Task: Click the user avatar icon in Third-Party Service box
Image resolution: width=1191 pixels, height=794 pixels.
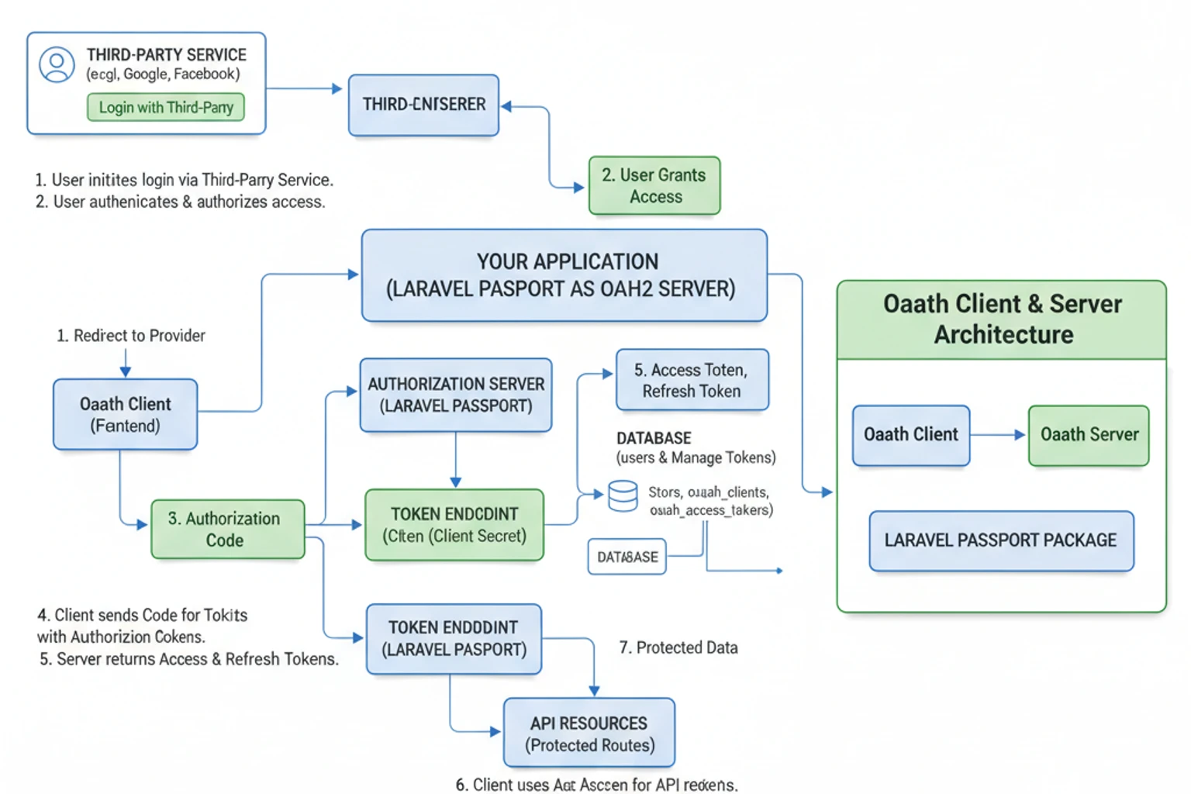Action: tap(57, 64)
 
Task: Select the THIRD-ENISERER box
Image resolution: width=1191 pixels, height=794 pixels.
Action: tap(423, 105)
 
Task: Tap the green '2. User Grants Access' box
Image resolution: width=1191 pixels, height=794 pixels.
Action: tap(654, 186)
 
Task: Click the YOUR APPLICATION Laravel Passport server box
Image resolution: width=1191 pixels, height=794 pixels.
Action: tap(564, 275)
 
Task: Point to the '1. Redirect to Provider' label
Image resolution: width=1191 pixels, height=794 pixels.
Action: tap(131, 336)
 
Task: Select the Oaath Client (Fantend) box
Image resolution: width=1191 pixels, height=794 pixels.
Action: tap(125, 415)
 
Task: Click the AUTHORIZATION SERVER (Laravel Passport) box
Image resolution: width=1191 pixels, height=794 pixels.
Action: tap(456, 395)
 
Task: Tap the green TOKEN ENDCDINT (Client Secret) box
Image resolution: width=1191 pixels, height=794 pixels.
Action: tap(454, 525)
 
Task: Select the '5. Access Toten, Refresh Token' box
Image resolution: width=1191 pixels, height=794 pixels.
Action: tap(692, 380)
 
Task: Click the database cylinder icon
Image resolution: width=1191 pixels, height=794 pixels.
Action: tap(623, 496)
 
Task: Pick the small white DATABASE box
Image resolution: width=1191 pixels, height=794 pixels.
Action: tap(627, 557)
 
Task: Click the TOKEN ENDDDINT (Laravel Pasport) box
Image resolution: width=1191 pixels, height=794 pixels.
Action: tap(454, 639)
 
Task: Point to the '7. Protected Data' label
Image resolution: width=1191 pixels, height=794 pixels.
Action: tap(678, 647)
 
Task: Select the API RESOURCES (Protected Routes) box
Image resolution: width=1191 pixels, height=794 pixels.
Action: tap(589, 734)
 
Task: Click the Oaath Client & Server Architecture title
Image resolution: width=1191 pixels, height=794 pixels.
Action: tap(1002, 319)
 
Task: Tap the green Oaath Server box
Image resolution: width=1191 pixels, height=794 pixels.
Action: tap(1089, 435)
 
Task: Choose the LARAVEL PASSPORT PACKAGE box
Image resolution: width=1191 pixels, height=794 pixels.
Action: tap(1001, 540)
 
